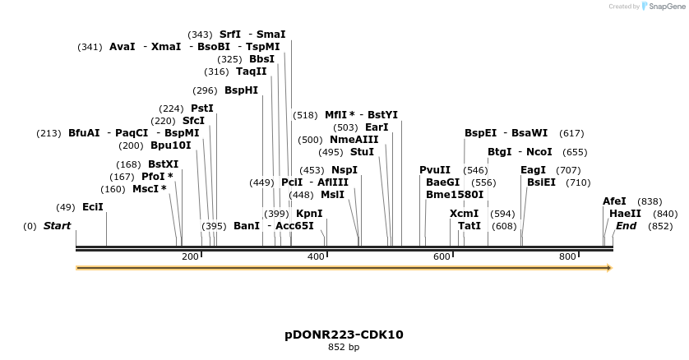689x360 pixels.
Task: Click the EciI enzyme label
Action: pos(93,207)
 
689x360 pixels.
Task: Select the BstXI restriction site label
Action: pos(163,164)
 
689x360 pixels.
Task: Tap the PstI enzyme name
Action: pos(201,108)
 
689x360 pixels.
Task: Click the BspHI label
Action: pos(241,90)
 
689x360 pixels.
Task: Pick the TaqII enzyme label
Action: pos(251,72)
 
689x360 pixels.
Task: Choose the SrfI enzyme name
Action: pos(229,35)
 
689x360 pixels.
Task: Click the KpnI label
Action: pos(309,214)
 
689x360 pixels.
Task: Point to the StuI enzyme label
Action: pos(362,152)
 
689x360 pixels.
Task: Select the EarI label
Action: pos(377,127)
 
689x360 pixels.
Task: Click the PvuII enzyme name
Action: pos(435,170)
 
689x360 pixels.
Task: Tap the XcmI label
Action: pos(465,214)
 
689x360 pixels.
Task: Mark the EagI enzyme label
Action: pos(533,170)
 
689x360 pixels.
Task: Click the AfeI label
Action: pos(614,201)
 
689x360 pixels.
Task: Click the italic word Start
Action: pos(57,226)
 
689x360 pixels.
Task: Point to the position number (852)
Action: pos(660,226)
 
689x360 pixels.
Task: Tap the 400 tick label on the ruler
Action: pos(317,256)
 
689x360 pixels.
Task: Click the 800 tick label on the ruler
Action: pos(567,256)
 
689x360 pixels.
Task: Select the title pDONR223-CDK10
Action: pos(344,335)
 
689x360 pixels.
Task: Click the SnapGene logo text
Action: pos(667,7)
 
